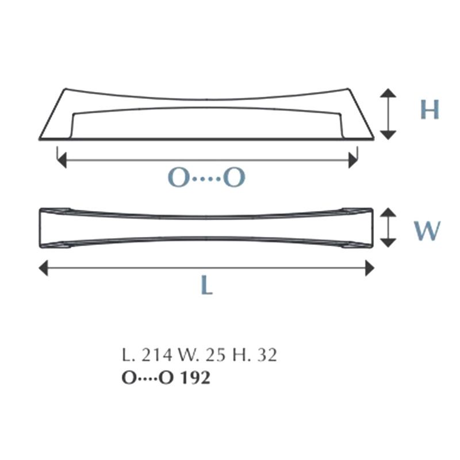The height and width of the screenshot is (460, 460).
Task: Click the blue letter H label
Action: pyautogui.click(x=430, y=109)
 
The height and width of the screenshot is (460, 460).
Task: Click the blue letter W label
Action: pyautogui.click(x=427, y=231)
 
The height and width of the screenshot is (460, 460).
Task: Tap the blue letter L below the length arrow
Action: pyautogui.click(x=207, y=285)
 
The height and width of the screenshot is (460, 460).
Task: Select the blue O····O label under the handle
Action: pyautogui.click(x=206, y=178)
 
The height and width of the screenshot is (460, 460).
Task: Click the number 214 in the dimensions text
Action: pyautogui.click(x=156, y=355)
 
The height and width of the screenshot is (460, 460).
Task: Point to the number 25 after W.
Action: pyautogui.click(x=216, y=355)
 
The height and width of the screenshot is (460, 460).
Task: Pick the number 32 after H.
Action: pyautogui.click(x=267, y=355)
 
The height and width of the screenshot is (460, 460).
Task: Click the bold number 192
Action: pyautogui.click(x=195, y=378)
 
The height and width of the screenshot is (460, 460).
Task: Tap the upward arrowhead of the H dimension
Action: pyautogui.click(x=388, y=93)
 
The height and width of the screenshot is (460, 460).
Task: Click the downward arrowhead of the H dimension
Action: pyautogui.click(x=388, y=135)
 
